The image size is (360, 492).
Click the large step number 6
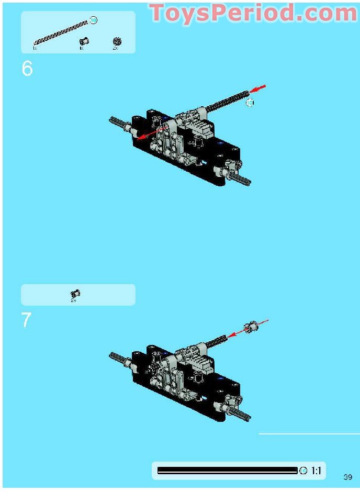[27, 69]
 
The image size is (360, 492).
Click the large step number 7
[27, 320]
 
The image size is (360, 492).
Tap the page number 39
[348, 476]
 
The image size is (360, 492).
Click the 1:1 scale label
[316, 471]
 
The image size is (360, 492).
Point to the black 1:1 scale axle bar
[227, 471]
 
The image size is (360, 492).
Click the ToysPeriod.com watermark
[253, 14]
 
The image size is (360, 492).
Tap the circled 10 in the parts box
[93, 20]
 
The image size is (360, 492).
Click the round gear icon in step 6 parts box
[117, 41]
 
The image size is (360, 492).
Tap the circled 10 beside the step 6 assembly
[250, 103]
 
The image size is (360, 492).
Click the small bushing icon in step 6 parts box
[82, 41]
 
